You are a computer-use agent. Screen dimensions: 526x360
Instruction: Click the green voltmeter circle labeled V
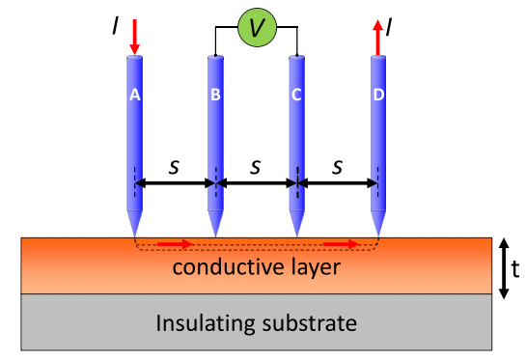tap(258, 28)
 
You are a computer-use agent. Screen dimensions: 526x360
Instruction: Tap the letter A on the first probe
tap(135, 95)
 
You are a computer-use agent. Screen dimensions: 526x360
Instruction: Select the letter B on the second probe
tap(215, 95)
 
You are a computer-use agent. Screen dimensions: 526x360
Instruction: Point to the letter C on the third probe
tap(296, 95)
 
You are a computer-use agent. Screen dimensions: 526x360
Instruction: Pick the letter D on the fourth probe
tap(378, 95)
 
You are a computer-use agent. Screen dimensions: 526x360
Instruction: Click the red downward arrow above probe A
tap(135, 37)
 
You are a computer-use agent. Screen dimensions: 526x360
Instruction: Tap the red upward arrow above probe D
tap(378, 38)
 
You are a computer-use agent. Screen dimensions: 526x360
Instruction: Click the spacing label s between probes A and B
tap(174, 167)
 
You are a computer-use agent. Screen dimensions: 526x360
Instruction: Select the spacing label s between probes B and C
tap(256, 167)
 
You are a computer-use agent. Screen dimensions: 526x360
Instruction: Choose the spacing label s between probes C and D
tap(338, 167)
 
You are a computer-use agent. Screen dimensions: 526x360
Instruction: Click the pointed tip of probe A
tap(135, 237)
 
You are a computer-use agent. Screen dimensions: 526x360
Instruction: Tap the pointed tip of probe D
tap(378, 237)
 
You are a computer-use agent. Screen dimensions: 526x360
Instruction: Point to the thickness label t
tap(515, 269)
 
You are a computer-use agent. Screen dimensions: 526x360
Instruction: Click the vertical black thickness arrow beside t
tap(504, 268)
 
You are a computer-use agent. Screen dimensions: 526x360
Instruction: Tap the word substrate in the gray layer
tap(309, 323)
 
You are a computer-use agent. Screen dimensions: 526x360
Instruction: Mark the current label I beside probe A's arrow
tap(116, 26)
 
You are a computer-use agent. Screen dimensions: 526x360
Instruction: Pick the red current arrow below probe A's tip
tap(175, 244)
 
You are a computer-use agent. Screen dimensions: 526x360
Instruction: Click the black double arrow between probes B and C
tap(257, 183)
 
